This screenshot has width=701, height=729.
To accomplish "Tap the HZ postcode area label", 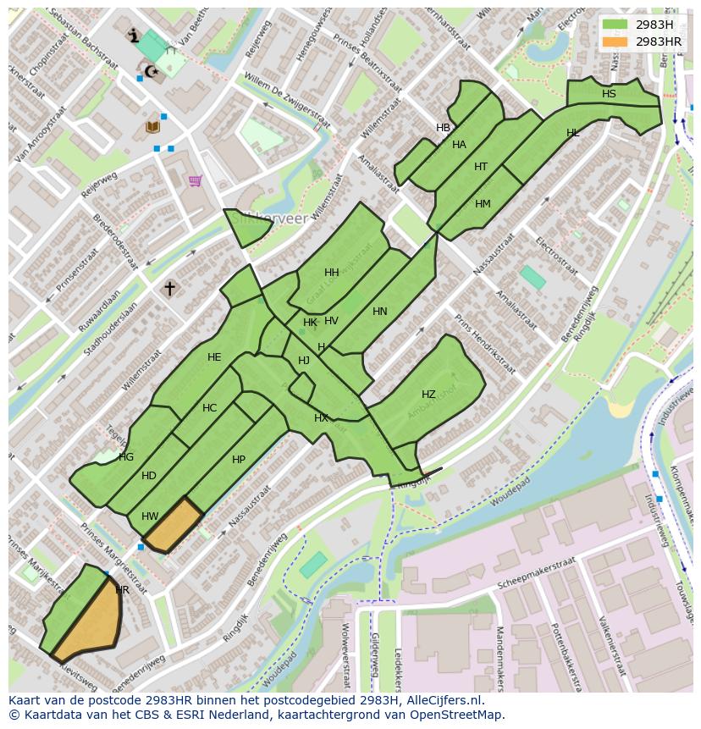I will (428, 395).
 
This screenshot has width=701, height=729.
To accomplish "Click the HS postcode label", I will (609, 94).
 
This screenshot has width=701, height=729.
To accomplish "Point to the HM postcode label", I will (483, 204).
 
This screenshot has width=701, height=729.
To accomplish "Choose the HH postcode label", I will (331, 273).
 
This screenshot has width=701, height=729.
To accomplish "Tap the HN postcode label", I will (379, 312).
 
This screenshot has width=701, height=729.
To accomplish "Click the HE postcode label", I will (214, 357).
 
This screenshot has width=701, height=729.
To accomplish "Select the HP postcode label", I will (239, 460).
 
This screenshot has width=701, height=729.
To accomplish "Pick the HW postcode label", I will (150, 516).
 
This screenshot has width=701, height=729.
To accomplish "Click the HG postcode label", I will (126, 457).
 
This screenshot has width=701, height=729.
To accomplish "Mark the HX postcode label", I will (321, 418).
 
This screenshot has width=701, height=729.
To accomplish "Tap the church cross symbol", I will (169, 289).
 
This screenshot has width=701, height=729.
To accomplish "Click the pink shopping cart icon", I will (196, 180).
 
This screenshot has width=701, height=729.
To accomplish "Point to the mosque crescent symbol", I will (152, 71).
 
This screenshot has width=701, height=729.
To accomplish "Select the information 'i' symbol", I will (132, 36).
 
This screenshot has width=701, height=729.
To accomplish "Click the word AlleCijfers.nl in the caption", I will (443, 700).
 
